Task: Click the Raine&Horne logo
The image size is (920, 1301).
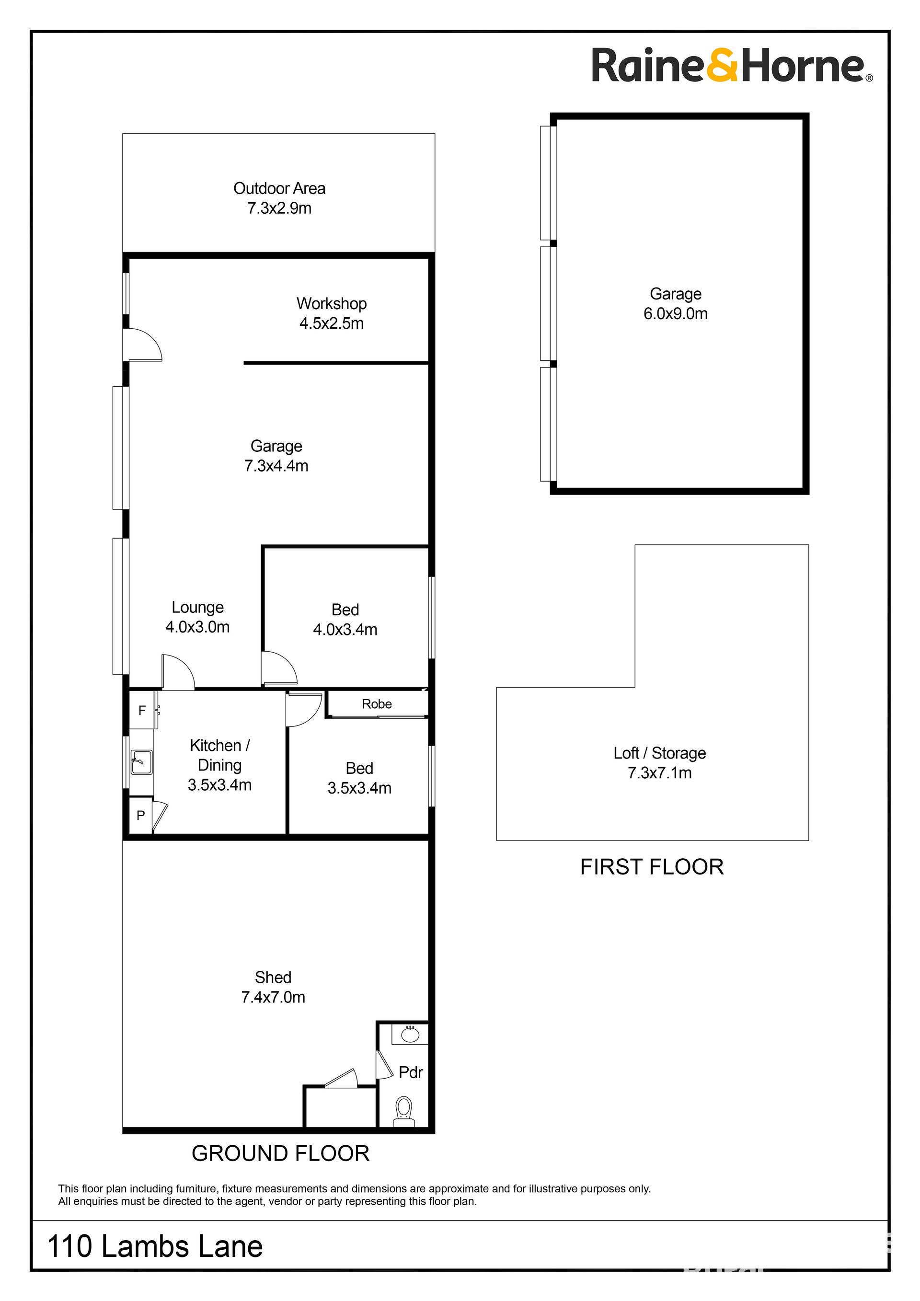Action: (x=732, y=66)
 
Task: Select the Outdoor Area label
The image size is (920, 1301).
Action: (x=279, y=189)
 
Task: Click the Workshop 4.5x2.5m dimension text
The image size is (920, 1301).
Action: (x=332, y=323)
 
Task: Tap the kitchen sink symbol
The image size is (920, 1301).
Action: (x=141, y=762)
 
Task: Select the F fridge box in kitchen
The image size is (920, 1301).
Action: (x=142, y=710)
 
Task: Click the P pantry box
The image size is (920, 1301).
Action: (x=140, y=816)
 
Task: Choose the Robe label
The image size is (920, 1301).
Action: (x=377, y=704)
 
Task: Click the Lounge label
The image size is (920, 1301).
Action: (x=198, y=608)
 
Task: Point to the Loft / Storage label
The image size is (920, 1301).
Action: (x=659, y=753)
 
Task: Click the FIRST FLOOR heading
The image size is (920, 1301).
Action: (x=652, y=867)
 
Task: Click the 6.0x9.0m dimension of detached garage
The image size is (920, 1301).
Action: (x=675, y=314)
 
